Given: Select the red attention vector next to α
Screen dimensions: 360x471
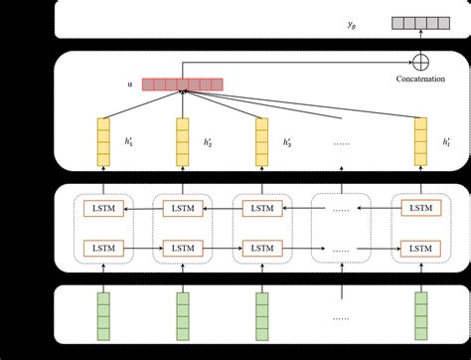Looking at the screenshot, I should click(x=182, y=85).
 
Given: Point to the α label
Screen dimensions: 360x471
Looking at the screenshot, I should click(x=129, y=85).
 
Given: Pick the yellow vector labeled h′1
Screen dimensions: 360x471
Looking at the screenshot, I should click(x=102, y=140).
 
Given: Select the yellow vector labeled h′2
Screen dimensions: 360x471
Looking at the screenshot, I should click(x=182, y=140).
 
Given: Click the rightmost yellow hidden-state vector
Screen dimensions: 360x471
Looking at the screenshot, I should click(x=420, y=140).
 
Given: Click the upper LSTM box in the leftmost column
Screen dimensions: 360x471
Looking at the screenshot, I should click(x=102, y=209).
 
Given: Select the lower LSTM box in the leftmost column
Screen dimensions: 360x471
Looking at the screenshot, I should click(x=102, y=246).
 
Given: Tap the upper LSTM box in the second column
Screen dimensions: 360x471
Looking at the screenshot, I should click(x=182, y=209).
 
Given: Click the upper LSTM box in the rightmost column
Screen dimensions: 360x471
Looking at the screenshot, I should click(x=420, y=209).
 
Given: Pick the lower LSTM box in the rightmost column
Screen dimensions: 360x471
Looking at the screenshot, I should click(x=420, y=246).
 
